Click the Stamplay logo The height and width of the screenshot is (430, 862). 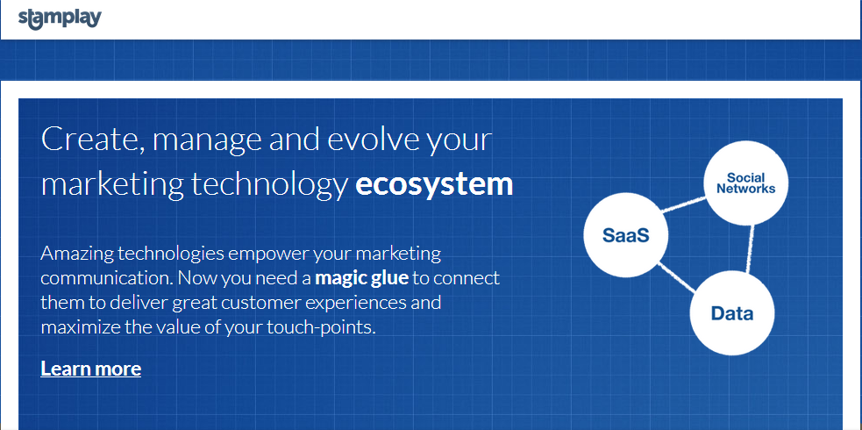pos(60,18)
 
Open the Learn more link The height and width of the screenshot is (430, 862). pos(90,369)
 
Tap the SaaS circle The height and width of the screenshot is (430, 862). pos(625,235)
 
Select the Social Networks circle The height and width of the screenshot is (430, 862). pos(746,183)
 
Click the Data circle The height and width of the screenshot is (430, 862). pos(732,313)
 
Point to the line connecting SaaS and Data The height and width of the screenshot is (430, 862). pos(676,277)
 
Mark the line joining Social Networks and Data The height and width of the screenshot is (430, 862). pos(749,248)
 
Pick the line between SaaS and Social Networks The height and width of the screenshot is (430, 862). pos(683,204)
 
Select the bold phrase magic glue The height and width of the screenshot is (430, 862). pos(362,278)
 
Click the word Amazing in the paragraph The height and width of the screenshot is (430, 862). pos(77,254)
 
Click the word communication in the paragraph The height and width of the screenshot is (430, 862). pos(107,278)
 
